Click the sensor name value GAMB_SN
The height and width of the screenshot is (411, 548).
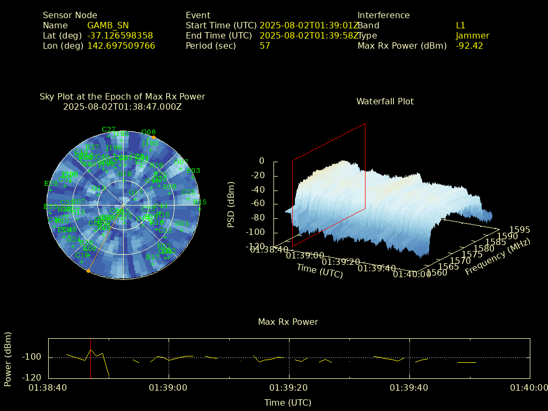pos(108,26)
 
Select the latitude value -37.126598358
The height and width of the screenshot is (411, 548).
pos(120,36)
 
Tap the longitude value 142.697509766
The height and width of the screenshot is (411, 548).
pos(121,46)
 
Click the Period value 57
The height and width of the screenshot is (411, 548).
pos(265,46)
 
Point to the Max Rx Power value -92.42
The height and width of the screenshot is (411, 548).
pos(469,46)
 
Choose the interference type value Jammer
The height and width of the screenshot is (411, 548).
pos(473,36)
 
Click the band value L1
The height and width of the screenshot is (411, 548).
pos(461,26)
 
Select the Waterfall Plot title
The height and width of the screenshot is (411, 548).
pos(385,102)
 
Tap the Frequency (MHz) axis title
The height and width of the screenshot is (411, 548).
pos(497,257)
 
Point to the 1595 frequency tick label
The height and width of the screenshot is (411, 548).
pos(520,230)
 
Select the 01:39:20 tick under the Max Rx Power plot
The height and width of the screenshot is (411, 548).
pos(290,387)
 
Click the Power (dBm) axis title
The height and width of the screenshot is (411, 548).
pos(8,358)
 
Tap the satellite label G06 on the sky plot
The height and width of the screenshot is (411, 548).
pos(148,132)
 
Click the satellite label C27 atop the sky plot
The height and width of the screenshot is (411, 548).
pos(109,130)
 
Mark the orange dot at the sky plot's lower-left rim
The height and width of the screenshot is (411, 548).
pos(88,271)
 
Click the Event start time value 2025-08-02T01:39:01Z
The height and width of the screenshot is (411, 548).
pos(309,26)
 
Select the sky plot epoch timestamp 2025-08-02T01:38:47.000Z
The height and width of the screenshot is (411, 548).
pos(122,106)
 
